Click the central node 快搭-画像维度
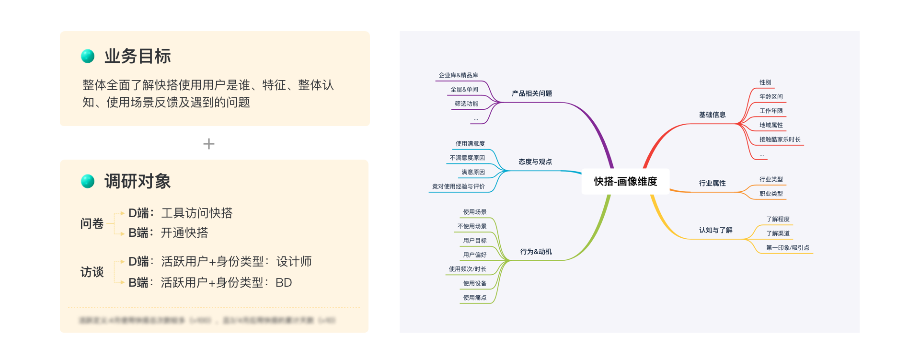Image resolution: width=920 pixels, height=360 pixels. (625, 182)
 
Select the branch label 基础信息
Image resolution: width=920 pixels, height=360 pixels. (712, 115)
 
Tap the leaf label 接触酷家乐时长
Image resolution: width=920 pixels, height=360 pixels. (780, 140)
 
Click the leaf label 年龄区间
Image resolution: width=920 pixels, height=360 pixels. (771, 97)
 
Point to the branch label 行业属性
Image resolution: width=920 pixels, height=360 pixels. (712, 184)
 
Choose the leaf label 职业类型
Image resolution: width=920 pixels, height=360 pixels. (771, 194)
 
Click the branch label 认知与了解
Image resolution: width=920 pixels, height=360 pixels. (715, 231)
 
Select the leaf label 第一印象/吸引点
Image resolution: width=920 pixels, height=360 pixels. (787, 248)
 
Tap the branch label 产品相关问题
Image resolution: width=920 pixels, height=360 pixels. (531, 94)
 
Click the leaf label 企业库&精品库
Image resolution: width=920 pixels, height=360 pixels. (458, 76)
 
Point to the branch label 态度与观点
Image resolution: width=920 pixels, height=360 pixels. (535, 162)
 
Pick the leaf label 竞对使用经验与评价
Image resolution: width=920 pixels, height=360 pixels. (458, 187)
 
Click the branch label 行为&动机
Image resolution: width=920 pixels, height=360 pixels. (536, 252)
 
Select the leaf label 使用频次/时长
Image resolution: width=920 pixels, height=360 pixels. (467, 269)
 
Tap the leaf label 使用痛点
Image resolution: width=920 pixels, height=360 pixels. (474, 298)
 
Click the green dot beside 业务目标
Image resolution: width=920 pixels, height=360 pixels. (88, 57)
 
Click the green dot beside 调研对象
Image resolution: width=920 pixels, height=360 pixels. (88, 182)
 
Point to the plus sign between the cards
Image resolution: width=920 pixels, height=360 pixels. (209, 144)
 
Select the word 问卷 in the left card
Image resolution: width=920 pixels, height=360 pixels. (92, 224)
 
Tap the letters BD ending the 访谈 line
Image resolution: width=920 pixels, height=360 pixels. (284, 283)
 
